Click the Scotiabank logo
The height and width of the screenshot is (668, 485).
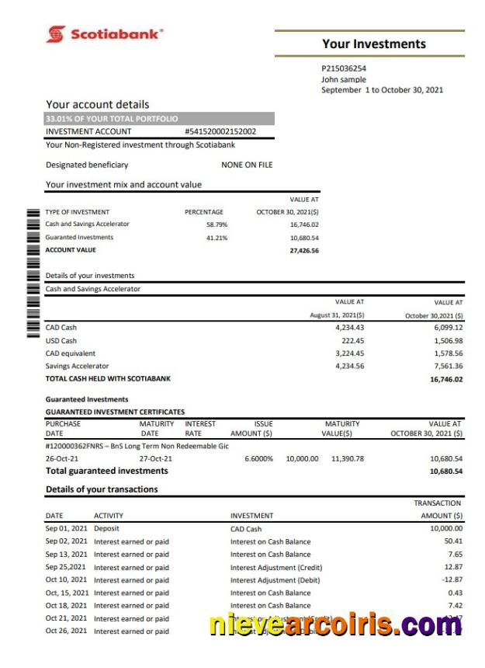[x=105, y=34]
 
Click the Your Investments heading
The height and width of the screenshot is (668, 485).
[x=374, y=44]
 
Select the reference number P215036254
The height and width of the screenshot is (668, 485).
[x=344, y=68]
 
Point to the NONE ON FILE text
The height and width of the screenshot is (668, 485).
[x=247, y=165]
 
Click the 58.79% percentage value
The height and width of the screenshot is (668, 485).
[x=217, y=224]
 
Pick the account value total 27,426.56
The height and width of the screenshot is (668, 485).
[x=304, y=250]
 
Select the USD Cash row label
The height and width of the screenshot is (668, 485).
[x=61, y=340]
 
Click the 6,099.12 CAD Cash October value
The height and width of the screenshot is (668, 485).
[x=445, y=328]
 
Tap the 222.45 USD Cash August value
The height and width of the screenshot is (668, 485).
[x=352, y=340]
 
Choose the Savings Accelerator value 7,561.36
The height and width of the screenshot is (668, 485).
[x=445, y=366]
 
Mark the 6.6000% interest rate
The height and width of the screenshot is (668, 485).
[x=258, y=459]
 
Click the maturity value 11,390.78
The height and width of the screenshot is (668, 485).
[x=347, y=459]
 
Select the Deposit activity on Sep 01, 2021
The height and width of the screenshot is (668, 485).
[x=107, y=529]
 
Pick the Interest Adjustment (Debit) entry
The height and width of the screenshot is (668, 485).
[x=275, y=580]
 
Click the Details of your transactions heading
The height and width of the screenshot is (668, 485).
[x=102, y=489]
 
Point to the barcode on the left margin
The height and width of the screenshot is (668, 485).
[x=33, y=272]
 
